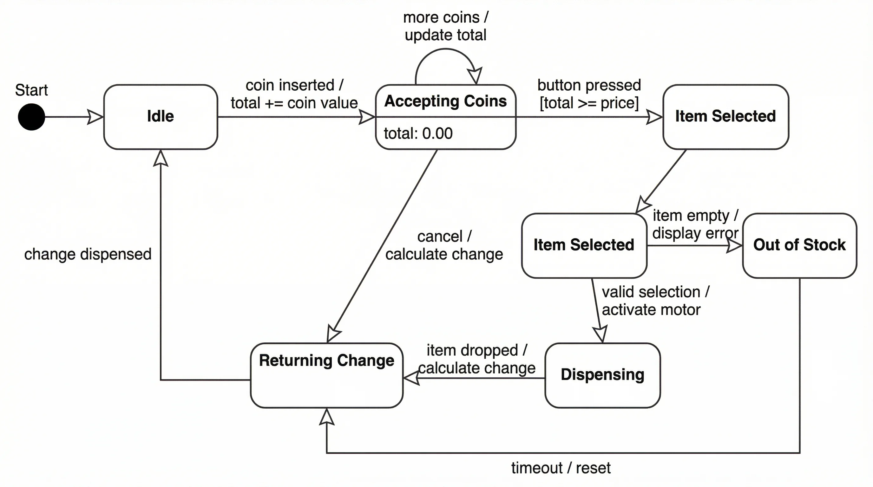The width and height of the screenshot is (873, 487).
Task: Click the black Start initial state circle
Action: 31,117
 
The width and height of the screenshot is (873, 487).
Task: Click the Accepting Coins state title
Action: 445,101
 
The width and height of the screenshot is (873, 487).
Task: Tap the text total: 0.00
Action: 418,133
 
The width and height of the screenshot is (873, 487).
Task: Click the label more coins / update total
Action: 445,26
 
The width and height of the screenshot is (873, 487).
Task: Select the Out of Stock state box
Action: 799,245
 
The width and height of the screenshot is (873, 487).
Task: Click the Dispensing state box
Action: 602,375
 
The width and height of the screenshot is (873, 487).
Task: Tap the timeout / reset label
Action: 561,468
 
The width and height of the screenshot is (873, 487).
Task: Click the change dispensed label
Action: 88,254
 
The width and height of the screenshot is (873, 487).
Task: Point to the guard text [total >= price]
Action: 589,103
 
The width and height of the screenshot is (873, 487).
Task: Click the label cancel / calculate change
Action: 444,245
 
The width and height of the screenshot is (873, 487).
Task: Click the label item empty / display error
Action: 695,224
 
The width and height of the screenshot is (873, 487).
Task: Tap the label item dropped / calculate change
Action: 476,359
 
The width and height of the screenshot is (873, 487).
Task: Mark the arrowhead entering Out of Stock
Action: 735,245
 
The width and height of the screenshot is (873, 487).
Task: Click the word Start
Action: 31,90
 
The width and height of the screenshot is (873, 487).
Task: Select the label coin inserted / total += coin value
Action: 294,94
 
